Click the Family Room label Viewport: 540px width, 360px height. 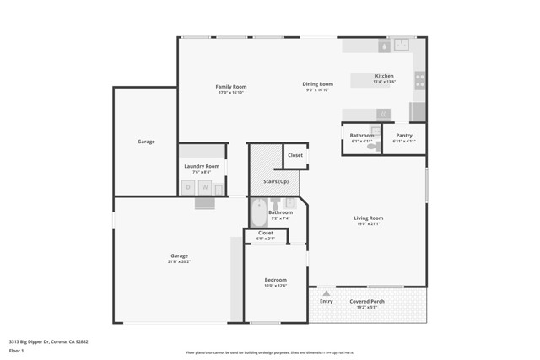pos(230,87)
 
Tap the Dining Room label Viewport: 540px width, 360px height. pos(318,83)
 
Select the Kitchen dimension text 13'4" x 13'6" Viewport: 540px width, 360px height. pos(384,82)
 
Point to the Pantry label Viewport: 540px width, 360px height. pos(404,135)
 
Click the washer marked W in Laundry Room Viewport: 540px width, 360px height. pos(204,187)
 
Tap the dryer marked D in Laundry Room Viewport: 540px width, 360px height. pos(188,187)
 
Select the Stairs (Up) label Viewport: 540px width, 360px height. pos(276,181)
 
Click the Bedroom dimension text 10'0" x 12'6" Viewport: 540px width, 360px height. pos(275,286)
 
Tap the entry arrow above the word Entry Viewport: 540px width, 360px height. pos(326,293)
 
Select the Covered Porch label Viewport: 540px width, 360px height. pos(367,301)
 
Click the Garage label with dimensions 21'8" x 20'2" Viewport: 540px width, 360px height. pos(179,261)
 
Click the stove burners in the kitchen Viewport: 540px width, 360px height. pos(418,81)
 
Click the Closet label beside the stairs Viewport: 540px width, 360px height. pos(295,155)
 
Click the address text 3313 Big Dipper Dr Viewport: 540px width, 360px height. pos(48,341)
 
